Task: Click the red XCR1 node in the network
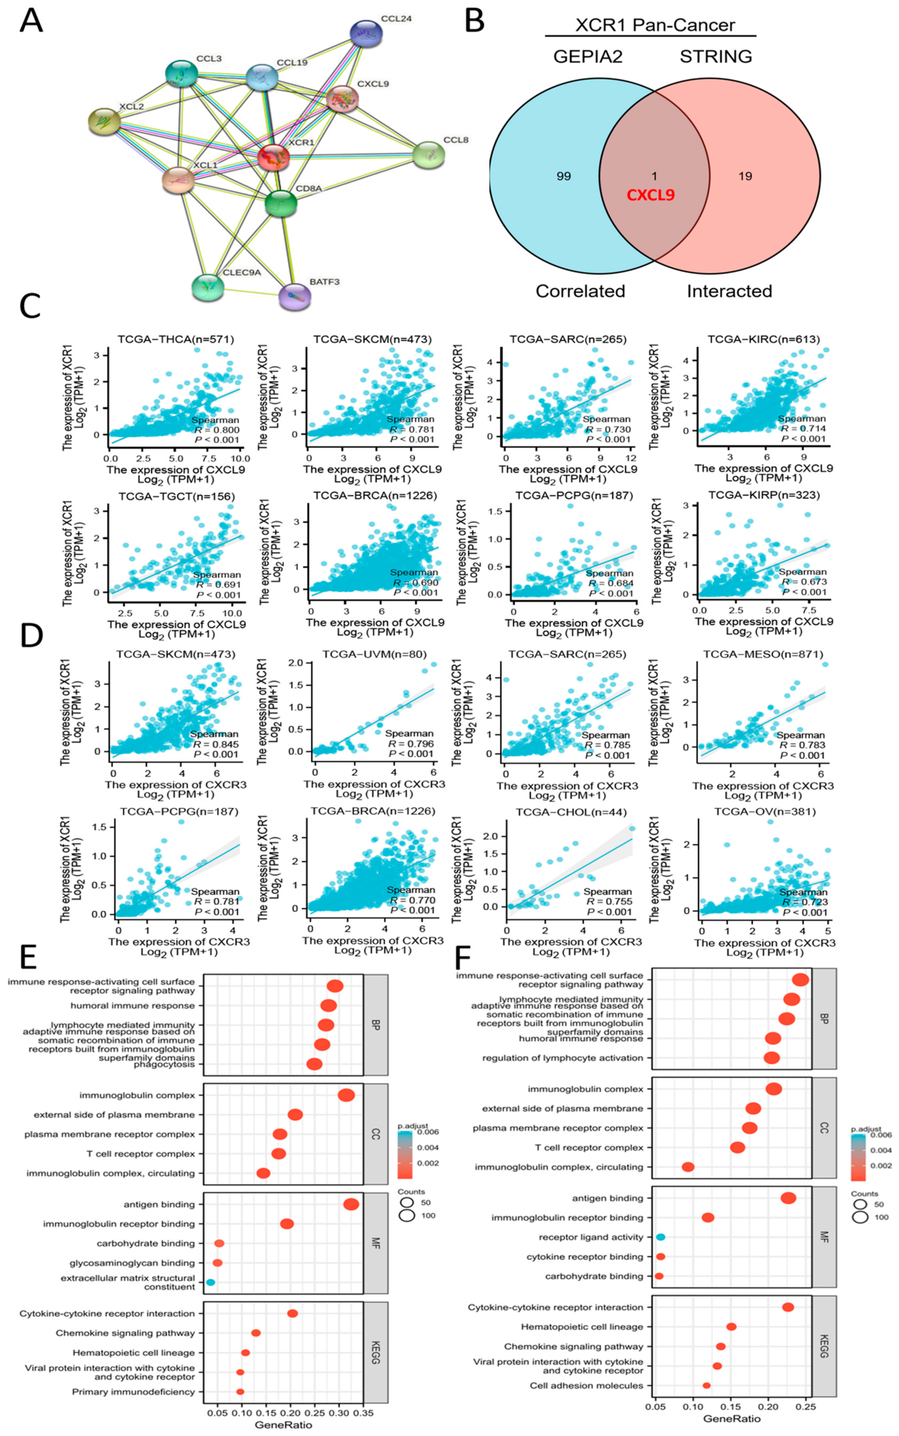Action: click(273, 158)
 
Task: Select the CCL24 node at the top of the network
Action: click(366, 34)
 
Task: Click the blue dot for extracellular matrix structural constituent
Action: click(211, 1283)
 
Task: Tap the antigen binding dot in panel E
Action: click(351, 1204)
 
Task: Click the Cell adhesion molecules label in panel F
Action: click(586, 1385)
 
